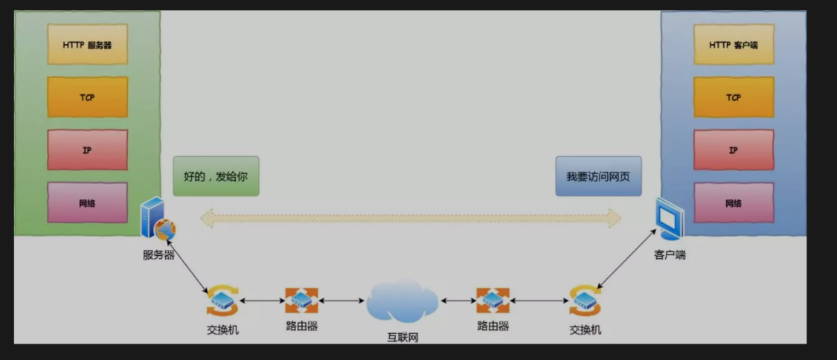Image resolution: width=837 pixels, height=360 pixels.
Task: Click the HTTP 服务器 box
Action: point(87,44)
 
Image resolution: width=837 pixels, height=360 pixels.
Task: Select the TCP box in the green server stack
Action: point(87,97)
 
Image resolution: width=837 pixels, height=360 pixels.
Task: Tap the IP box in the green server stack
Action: point(87,150)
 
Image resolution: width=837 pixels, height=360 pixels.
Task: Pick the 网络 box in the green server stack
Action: point(87,202)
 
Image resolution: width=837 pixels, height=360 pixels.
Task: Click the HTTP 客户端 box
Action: point(733,44)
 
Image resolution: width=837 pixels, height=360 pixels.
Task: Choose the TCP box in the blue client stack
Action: point(733,97)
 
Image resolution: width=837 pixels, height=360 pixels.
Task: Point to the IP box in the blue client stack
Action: point(733,150)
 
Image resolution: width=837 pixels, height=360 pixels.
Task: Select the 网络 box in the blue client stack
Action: point(733,202)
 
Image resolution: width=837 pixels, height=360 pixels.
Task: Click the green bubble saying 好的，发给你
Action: point(216,176)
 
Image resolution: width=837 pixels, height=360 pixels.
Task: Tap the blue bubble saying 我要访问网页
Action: point(598,176)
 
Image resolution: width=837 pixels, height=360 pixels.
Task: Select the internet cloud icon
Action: point(402,301)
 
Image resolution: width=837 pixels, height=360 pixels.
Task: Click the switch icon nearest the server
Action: point(222,300)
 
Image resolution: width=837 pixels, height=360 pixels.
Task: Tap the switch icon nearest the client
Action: point(585,300)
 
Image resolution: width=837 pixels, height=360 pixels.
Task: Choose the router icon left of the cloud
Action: point(301,300)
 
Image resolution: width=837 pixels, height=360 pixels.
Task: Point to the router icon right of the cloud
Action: point(493,300)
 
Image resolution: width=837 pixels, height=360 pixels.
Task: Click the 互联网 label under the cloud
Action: point(403,337)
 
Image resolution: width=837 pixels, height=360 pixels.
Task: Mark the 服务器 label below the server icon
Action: point(158,254)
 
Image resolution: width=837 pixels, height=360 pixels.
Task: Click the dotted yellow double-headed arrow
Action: point(411,217)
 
